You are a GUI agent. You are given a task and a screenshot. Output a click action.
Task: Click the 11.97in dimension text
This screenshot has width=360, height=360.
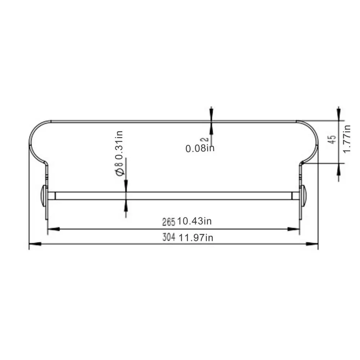click(196, 238)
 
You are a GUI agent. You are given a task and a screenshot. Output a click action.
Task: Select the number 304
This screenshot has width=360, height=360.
click(169, 237)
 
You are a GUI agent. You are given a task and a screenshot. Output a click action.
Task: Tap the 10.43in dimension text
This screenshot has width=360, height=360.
click(194, 221)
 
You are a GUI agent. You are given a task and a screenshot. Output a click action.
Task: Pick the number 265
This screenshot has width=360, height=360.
click(169, 222)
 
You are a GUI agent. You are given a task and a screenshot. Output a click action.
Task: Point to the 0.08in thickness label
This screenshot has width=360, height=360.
click(200, 148)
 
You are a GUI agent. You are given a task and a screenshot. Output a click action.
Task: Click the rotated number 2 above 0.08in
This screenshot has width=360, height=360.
click(204, 139)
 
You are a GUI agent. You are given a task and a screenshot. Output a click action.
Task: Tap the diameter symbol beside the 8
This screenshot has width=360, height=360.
click(120, 172)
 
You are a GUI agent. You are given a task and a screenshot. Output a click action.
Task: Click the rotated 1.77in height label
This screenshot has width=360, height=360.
click(347, 139)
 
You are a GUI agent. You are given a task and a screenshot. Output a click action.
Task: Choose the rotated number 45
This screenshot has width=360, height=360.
click(332, 139)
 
